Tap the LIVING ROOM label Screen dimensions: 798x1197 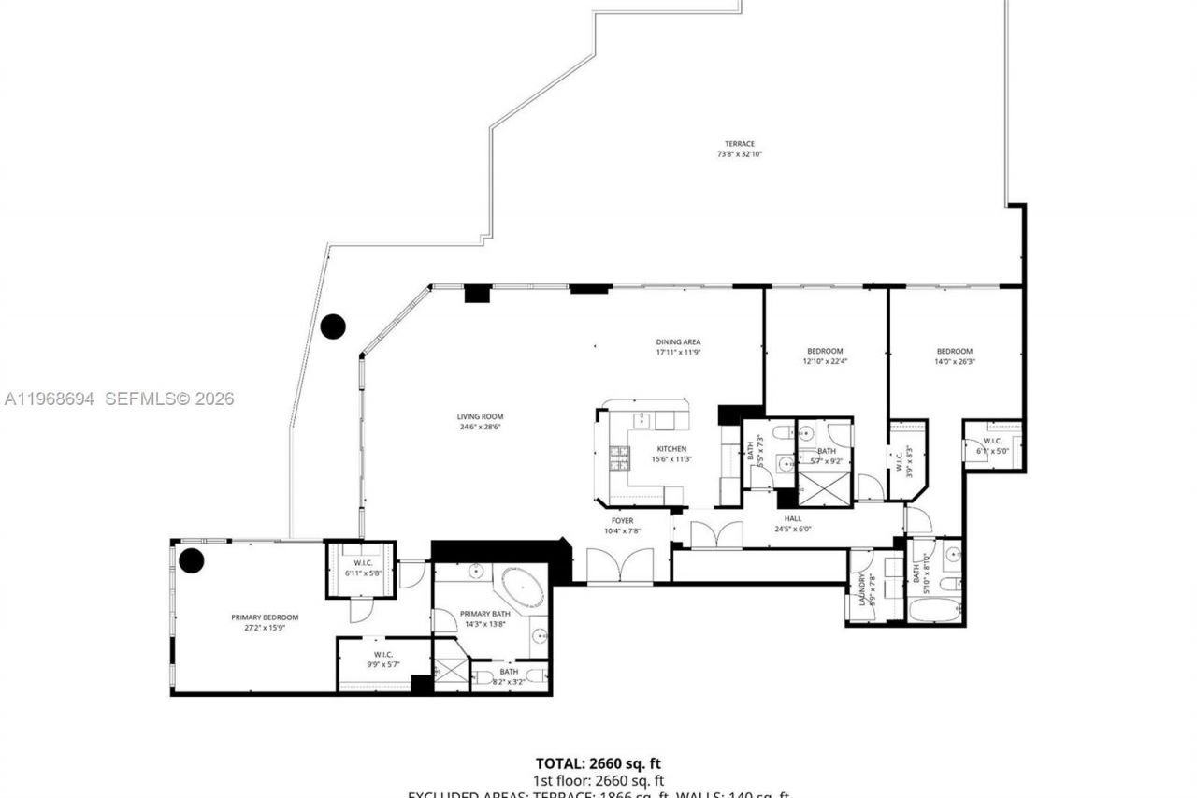pos(480,417)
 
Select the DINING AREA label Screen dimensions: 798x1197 pos(677,342)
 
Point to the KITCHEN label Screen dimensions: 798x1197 pos(671,449)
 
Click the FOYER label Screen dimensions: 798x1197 pos(622,521)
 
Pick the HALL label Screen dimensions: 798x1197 pos(792,519)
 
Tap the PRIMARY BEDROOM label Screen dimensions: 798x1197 pos(265,617)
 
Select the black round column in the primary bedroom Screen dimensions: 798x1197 pos(192,560)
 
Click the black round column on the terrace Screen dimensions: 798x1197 pos(333,326)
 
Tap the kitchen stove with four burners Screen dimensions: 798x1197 pos(620,457)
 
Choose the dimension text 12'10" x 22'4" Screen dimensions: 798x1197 pos(825,361)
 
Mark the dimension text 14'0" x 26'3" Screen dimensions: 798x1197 pos(954,361)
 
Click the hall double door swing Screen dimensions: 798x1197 pos(715,534)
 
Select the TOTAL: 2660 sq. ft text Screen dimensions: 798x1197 pos(598,764)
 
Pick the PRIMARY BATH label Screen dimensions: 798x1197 pos(484,614)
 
